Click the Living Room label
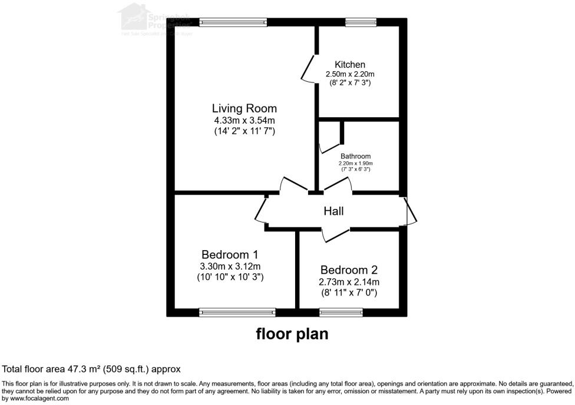click(244, 109)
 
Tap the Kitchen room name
click(350, 65)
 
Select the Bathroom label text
click(355, 157)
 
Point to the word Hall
click(333, 211)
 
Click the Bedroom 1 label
click(230, 255)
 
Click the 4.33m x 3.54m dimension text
click(244, 121)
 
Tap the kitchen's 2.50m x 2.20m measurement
click(350, 74)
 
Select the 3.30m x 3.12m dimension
click(230, 266)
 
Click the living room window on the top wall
click(233, 23)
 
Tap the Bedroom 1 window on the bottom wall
click(237, 313)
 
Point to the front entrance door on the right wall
click(411, 211)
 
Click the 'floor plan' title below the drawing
click(292, 334)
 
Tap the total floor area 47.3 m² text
click(91, 369)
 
